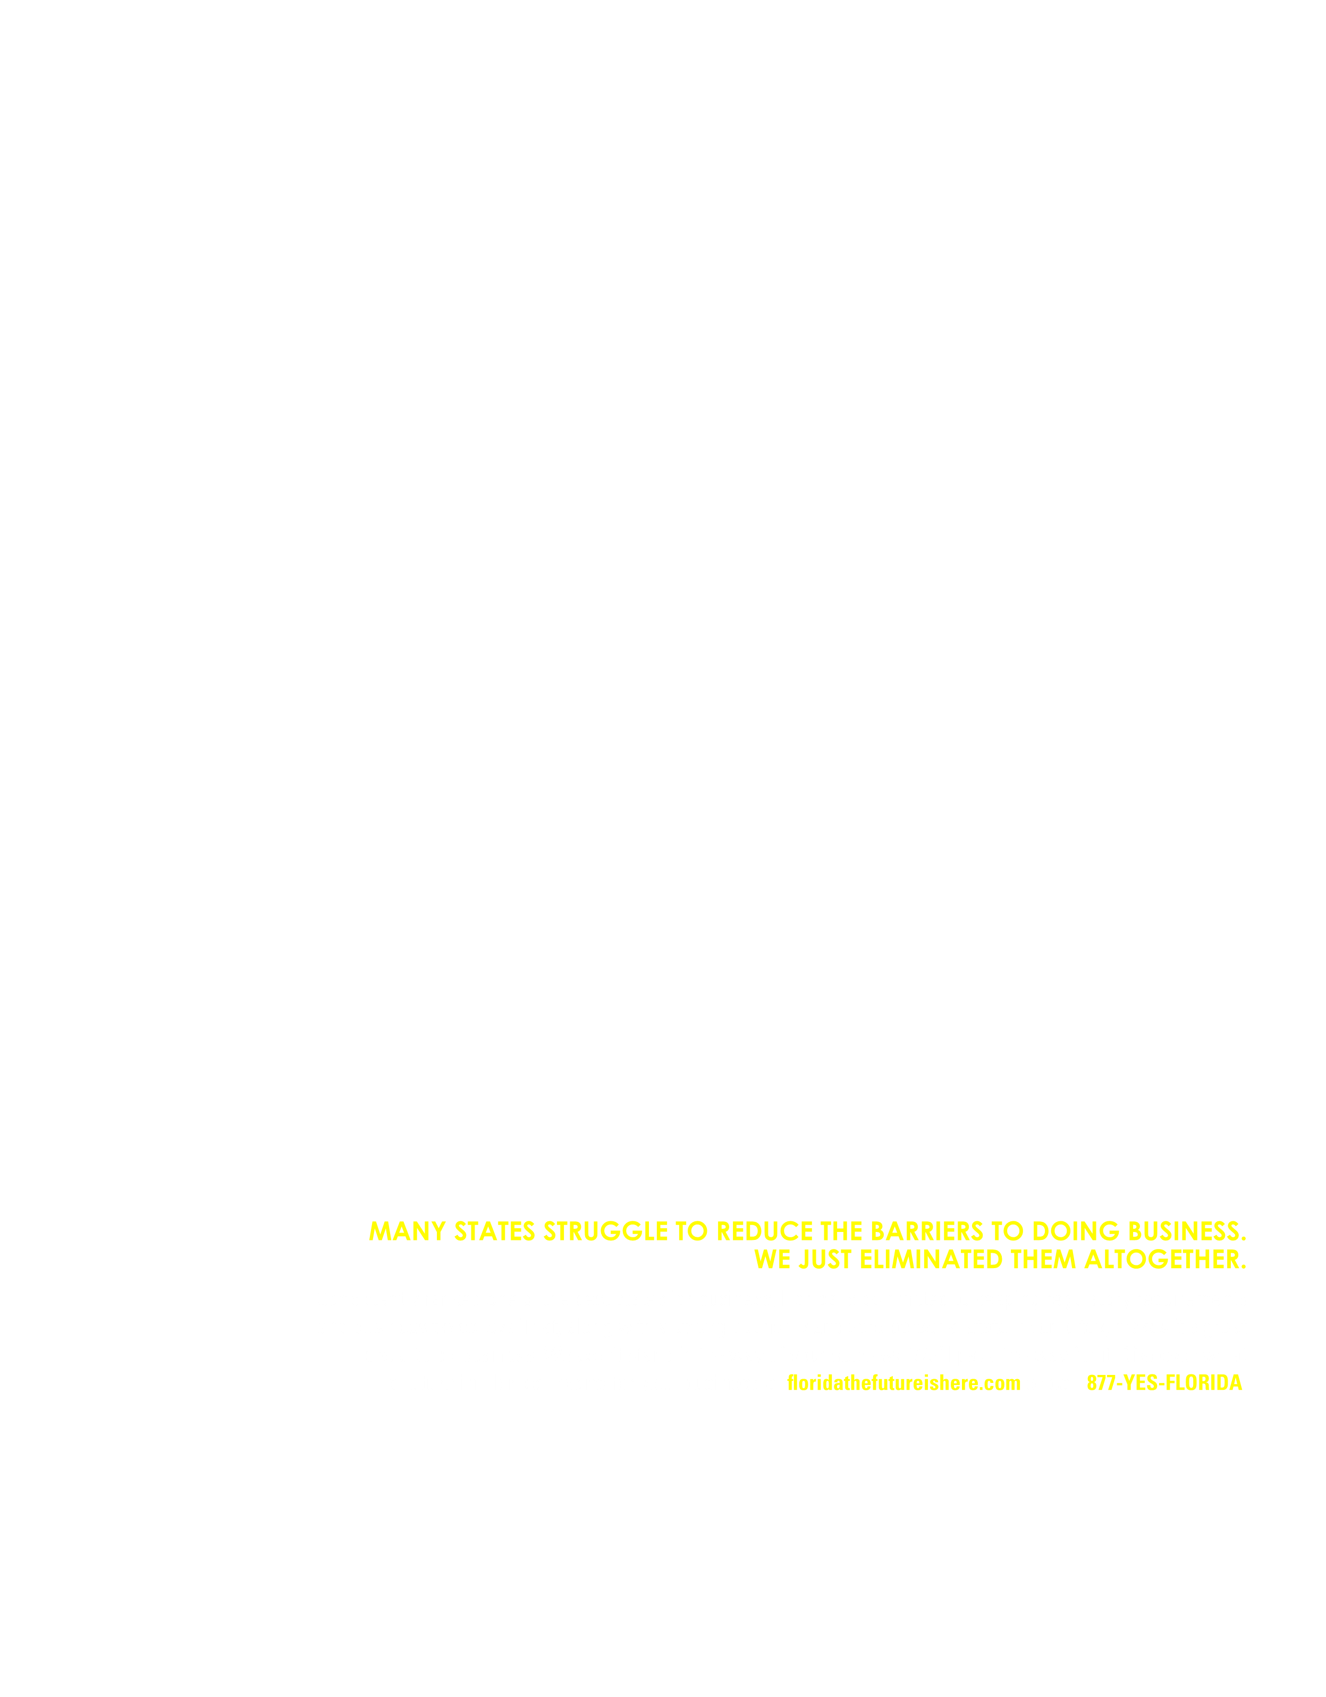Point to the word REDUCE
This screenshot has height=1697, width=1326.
click(764, 1231)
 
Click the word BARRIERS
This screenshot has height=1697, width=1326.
click(927, 1231)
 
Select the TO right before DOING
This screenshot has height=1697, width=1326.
click(1008, 1231)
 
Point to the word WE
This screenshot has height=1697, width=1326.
click(773, 1260)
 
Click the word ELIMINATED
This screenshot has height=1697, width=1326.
click(931, 1260)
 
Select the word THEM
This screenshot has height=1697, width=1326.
click(1043, 1260)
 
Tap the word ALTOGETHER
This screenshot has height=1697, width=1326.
click(1161, 1260)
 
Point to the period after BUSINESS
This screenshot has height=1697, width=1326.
click(1243, 1238)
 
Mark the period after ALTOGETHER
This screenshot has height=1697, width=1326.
click(1243, 1267)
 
